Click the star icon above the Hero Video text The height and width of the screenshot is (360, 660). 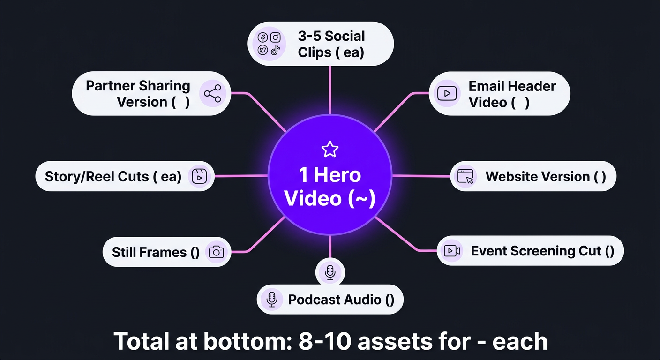click(330, 150)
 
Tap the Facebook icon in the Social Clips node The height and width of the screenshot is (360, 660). click(263, 38)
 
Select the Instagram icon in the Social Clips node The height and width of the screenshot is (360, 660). click(276, 37)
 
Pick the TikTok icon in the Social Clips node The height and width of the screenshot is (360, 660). click(276, 50)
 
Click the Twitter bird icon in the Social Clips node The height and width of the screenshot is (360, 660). click(263, 50)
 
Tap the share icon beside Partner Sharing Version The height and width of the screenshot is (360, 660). click(213, 94)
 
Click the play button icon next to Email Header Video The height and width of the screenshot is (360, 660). click(447, 93)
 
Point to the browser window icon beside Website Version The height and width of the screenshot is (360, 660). click(465, 177)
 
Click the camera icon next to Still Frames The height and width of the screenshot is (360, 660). click(216, 252)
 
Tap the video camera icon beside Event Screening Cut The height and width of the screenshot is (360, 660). click(452, 251)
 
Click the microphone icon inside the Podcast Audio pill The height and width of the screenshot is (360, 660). click(271, 300)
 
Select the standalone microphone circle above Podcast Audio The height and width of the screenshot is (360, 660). click(330, 271)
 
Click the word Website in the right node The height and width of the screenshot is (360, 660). click(511, 177)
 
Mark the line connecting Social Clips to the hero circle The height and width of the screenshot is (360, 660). click(330, 89)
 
